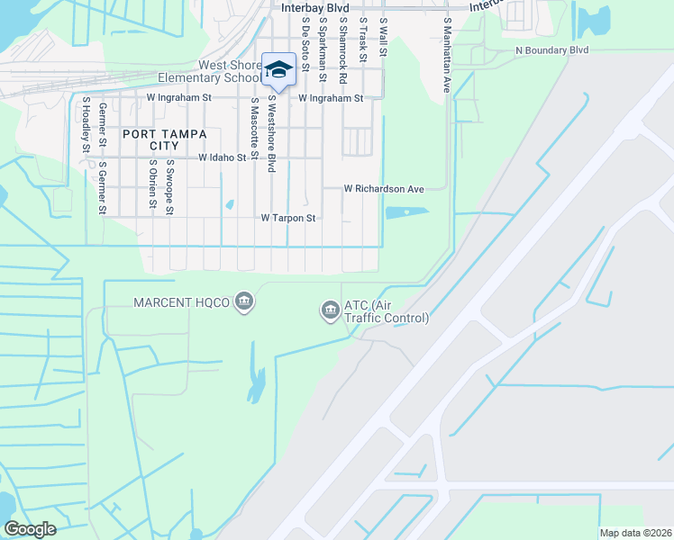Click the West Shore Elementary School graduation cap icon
tap(278, 69)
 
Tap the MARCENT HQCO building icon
tap(243, 300)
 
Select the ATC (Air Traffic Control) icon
tap(330, 311)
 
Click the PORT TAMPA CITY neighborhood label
tap(165, 139)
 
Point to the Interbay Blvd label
tap(314, 7)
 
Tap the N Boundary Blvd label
tap(551, 50)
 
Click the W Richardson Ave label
tap(384, 189)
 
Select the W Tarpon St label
tap(288, 218)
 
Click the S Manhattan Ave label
tap(445, 56)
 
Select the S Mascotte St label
tap(255, 126)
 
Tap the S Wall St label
tap(383, 37)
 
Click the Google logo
tap(30, 529)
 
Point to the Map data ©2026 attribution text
tap(635, 533)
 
